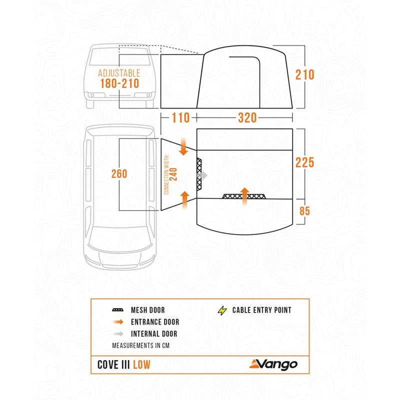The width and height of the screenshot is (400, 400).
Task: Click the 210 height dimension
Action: pos(304,74)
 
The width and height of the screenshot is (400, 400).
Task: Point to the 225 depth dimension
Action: pos(304,162)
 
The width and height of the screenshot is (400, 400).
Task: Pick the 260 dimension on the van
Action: pos(119,174)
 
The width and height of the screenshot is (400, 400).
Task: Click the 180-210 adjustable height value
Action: pos(119,84)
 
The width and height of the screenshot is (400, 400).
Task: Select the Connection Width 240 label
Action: pos(170,174)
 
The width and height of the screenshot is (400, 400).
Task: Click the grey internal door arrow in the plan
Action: pos(201,176)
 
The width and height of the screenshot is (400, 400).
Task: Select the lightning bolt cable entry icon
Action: pos(221,310)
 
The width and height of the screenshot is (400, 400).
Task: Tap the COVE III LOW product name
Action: pos(124,364)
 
